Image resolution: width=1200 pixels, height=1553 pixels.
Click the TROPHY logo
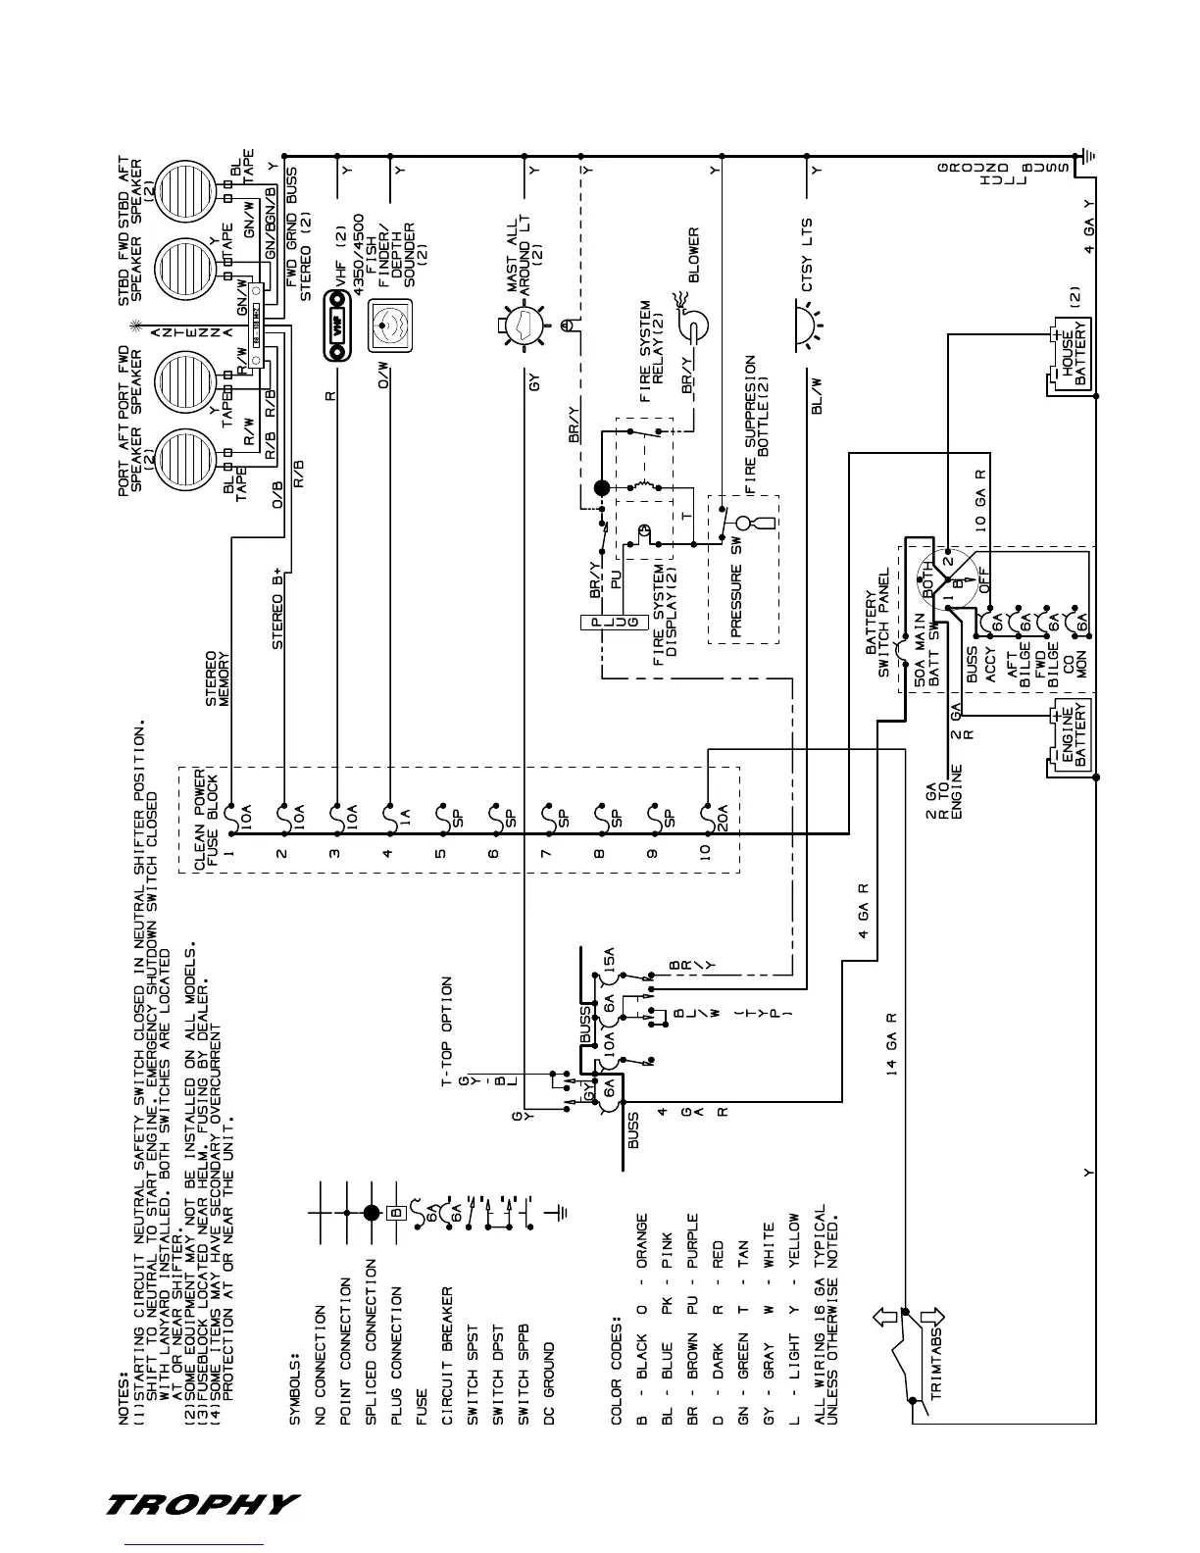click(x=202, y=1503)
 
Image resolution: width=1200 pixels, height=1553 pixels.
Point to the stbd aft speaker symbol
click(x=181, y=190)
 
